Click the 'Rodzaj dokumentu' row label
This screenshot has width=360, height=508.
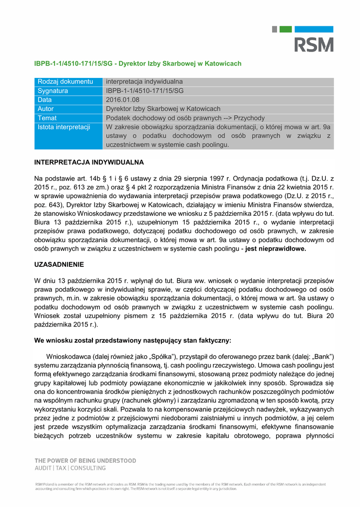pyautogui.click(x=66, y=81)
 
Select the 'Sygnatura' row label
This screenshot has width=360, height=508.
pyautogui.click(x=53, y=91)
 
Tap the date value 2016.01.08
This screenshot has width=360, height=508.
pyautogui.click(x=123, y=100)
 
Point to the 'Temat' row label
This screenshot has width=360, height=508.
pyautogui.click(x=47, y=118)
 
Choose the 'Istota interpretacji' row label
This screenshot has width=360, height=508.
pyautogui.click(x=64, y=127)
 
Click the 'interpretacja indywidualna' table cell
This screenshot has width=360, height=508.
pyautogui.click(x=144, y=81)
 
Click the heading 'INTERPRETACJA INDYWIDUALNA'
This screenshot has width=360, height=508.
pyautogui.click(x=89, y=162)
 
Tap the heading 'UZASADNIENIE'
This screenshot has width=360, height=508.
pyautogui.click(x=59, y=264)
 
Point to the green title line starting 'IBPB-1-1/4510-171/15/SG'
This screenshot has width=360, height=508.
pyautogui.click(x=138, y=63)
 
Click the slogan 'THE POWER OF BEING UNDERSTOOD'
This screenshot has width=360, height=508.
pyautogui.click(x=85, y=461)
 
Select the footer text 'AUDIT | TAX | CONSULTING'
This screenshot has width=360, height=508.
pyautogui.click(x=70, y=468)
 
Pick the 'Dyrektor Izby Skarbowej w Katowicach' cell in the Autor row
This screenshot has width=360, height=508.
pyautogui.click(x=163, y=109)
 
